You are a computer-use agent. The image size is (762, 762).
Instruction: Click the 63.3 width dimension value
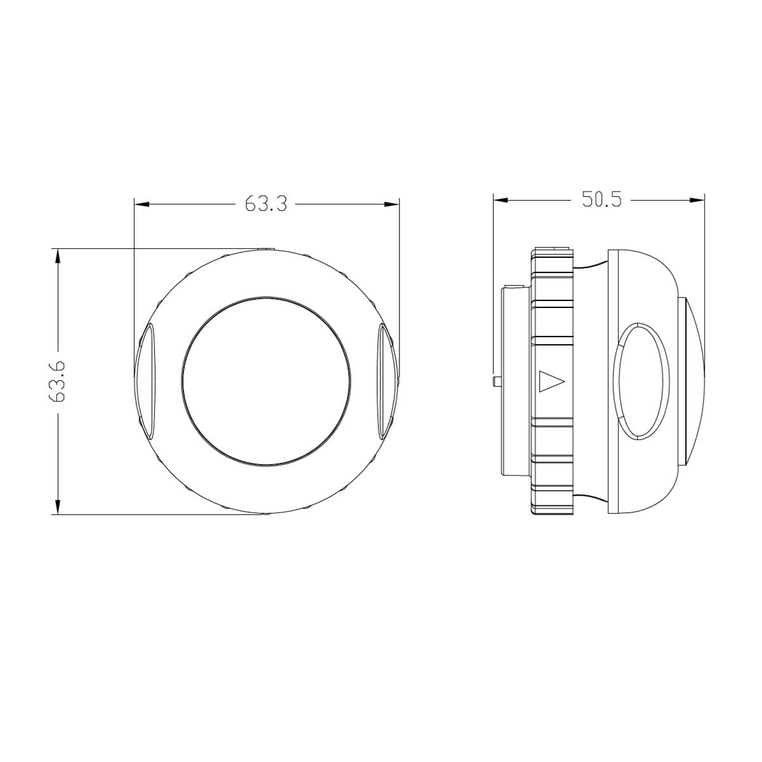265,204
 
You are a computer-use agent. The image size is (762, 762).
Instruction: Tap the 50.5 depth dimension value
601,199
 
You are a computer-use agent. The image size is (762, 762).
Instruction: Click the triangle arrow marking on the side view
551,381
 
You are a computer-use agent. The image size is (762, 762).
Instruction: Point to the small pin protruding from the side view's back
497,381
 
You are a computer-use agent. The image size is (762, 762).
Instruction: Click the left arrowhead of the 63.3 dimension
141,204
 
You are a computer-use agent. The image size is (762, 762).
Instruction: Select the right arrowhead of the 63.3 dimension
392,204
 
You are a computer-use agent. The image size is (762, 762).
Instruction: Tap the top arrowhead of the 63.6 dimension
58,256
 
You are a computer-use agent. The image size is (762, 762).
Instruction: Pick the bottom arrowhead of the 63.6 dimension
58,507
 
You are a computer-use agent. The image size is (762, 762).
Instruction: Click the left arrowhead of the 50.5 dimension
500,200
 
